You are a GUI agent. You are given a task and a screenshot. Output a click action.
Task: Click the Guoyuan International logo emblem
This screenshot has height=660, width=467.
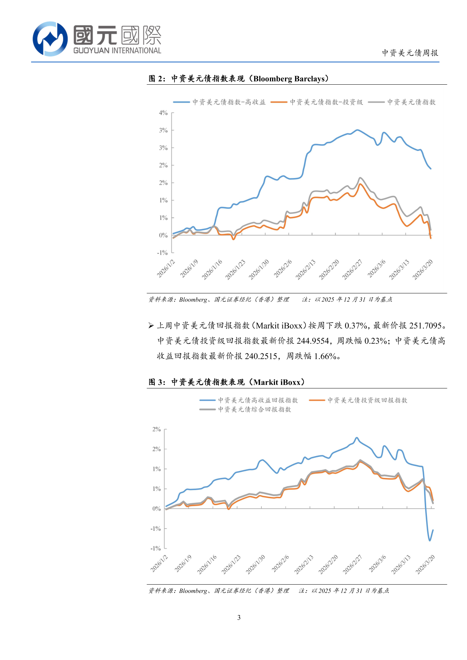pos(50,39)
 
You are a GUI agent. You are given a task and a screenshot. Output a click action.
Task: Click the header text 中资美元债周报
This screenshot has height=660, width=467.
pos(410,53)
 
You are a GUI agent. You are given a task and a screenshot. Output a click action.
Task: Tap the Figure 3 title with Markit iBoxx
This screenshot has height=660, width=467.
pos(227,382)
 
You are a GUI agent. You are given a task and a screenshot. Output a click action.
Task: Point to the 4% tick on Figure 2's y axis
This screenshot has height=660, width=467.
pos(163,113)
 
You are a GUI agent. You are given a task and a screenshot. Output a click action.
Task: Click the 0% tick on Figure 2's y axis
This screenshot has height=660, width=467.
pos(163,235)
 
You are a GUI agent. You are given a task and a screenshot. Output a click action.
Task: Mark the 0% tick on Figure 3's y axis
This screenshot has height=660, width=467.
pos(157,508)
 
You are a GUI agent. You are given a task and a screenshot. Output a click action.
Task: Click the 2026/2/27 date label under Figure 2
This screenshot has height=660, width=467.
pos(353,269)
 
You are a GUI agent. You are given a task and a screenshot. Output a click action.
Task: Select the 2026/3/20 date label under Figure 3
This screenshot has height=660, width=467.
pos(425,564)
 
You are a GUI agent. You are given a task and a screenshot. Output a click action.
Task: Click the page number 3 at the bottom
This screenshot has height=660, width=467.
pos(239,617)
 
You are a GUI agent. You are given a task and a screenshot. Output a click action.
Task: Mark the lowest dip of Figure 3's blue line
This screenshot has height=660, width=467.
pos(430,540)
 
